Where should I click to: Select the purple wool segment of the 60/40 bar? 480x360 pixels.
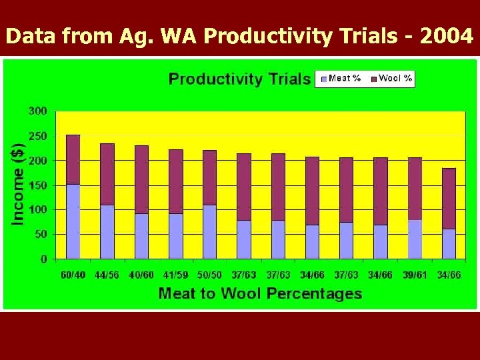(73, 159)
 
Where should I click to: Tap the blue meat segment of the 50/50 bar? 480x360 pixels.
(209, 231)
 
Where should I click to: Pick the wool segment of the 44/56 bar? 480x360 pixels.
(107, 174)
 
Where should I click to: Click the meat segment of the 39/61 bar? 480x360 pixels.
(415, 239)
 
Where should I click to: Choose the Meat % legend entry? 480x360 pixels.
(340, 79)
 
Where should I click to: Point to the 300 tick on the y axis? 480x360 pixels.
(37, 111)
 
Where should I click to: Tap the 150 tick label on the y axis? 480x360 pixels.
(37, 185)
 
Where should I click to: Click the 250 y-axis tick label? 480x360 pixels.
(37, 136)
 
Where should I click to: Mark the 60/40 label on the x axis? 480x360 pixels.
(73, 275)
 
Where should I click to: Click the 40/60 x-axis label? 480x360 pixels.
(141, 275)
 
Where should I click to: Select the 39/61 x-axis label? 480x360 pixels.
(415, 275)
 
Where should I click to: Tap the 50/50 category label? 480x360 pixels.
(209, 275)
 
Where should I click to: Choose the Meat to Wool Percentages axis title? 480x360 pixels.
(260, 293)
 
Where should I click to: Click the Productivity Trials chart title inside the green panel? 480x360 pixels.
(239, 79)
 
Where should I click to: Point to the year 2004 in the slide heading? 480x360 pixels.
(448, 37)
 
